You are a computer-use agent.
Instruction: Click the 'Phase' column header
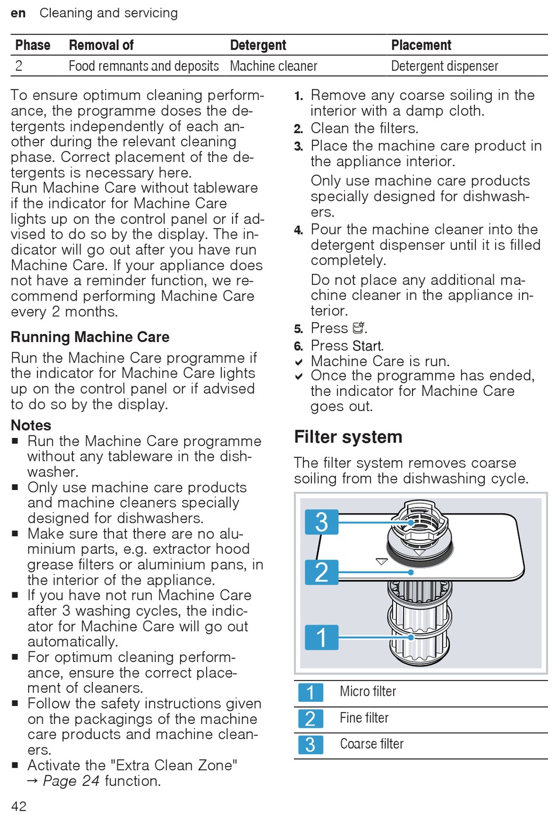coord(33,45)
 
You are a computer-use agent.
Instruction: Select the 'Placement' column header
coord(421,45)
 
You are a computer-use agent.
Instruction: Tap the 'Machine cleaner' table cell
coord(273,66)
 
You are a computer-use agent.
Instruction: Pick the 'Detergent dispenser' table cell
coord(445,66)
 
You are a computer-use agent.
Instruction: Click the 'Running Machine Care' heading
coord(90,337)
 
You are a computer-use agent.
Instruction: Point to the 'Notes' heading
coord(31,425)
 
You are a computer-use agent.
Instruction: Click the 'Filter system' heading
coord(348,437)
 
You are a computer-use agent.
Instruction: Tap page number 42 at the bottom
coord(19,806)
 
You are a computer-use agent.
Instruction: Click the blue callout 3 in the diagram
coord(321,522)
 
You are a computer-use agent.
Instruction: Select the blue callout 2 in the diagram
coord(321,572)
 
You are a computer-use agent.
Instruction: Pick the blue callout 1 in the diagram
coord(321,637)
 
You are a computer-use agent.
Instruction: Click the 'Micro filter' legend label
coord(367,692)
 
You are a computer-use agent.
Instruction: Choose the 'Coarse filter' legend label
coord(372,744)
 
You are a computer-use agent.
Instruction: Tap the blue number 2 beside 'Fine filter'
coord(310,718)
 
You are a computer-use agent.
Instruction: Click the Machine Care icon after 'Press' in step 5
coord(359,328)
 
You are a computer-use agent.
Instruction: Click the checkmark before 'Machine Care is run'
coord(299,362)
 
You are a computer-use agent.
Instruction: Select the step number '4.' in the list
coord(299,230)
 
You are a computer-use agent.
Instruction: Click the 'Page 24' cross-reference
coord(71,781)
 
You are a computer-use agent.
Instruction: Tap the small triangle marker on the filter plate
coord(381,561)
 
